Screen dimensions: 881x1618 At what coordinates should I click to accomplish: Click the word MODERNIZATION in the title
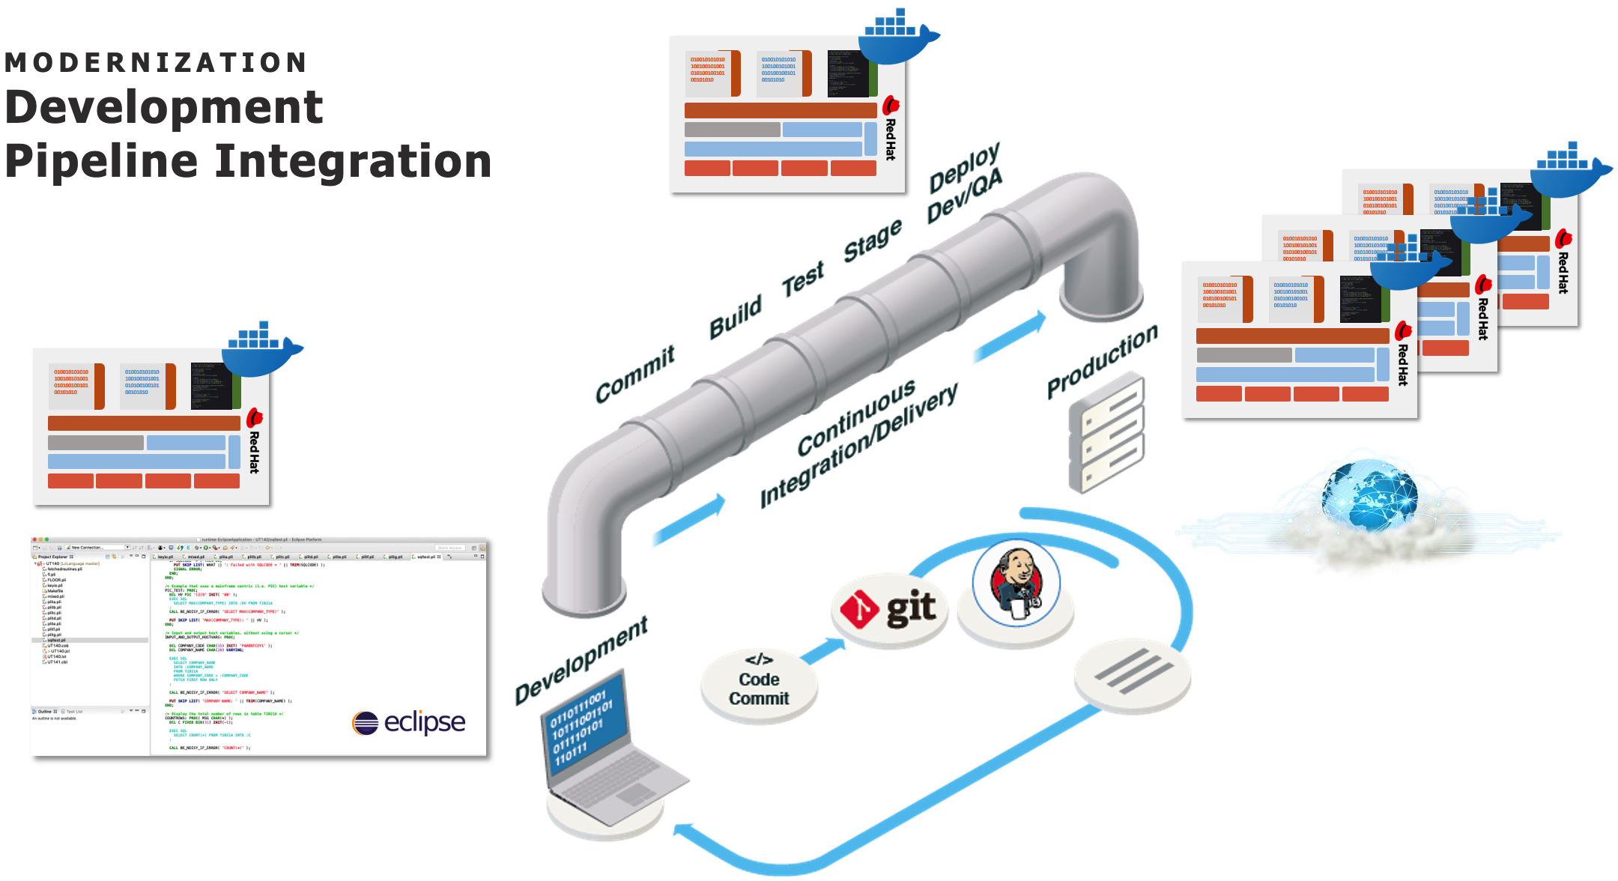tap(156, 63)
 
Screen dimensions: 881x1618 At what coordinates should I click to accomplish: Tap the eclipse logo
tap(409, 722)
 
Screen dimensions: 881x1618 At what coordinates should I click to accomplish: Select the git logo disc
tap(889, 610)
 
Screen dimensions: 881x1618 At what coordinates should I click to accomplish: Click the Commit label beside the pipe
tap(635, 374)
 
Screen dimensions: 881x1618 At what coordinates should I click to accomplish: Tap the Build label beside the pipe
tap(736, 315)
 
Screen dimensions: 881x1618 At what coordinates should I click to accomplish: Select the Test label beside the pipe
tap(802, 279)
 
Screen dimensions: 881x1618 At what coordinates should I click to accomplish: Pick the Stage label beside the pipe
tap(873, 240)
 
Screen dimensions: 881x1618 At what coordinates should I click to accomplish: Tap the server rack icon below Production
tap(1106, 435)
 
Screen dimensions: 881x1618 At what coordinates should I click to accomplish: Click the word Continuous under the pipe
tap(855, 417)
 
